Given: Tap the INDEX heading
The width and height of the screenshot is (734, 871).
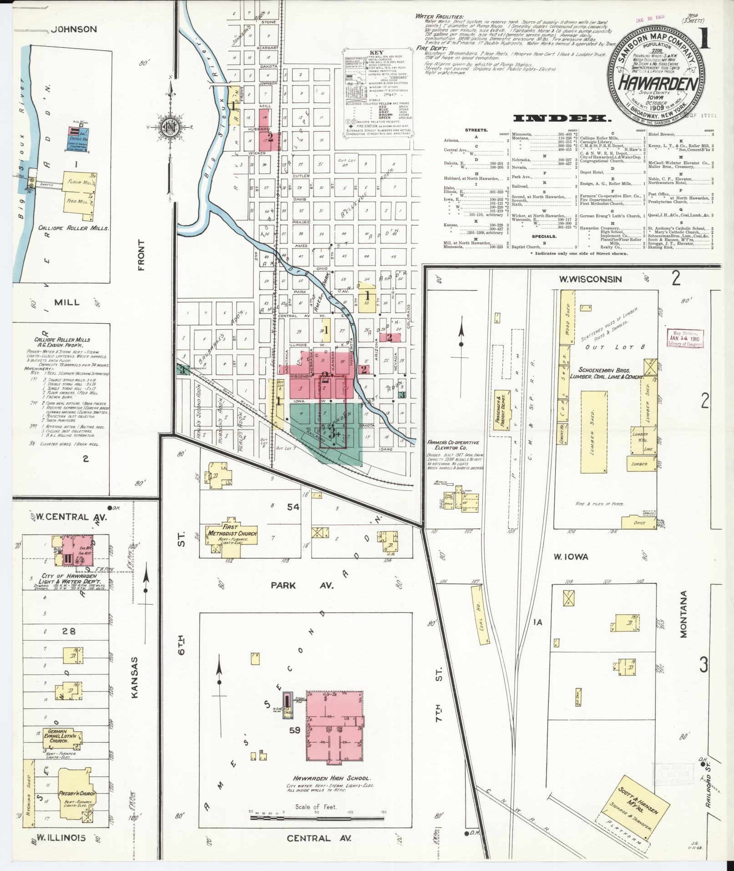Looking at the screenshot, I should (x=562, y=119).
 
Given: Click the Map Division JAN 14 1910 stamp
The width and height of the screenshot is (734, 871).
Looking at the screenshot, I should (x=684, y=339).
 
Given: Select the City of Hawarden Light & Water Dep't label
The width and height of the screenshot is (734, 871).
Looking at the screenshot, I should (x=65, y=579).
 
